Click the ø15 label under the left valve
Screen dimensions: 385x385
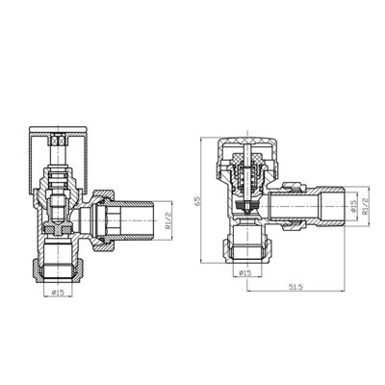[x=59, y=292]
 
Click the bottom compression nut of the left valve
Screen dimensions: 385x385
[x=59, y=258]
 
